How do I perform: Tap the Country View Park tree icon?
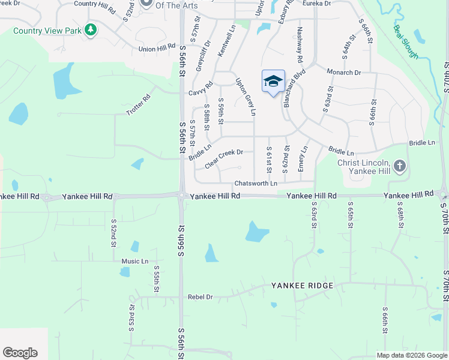click(x=91, y=29)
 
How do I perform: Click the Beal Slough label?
click(x=406, y=41)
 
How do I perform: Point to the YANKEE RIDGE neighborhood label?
click(x=302, y=286)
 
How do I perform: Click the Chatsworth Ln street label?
click(x=256, y=183)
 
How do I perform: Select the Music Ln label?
click(x=134, y=261)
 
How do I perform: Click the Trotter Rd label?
click(x=138, y=105)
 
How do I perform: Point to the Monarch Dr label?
click(x=343, y=72)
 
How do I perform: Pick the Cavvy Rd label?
click(x=200, y=89)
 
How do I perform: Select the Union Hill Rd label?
click(x=156, y=49)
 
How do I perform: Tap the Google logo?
click(x=20, y=353)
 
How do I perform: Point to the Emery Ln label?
click(x=303, y=157)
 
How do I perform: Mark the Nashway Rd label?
click(x=300, y=45)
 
